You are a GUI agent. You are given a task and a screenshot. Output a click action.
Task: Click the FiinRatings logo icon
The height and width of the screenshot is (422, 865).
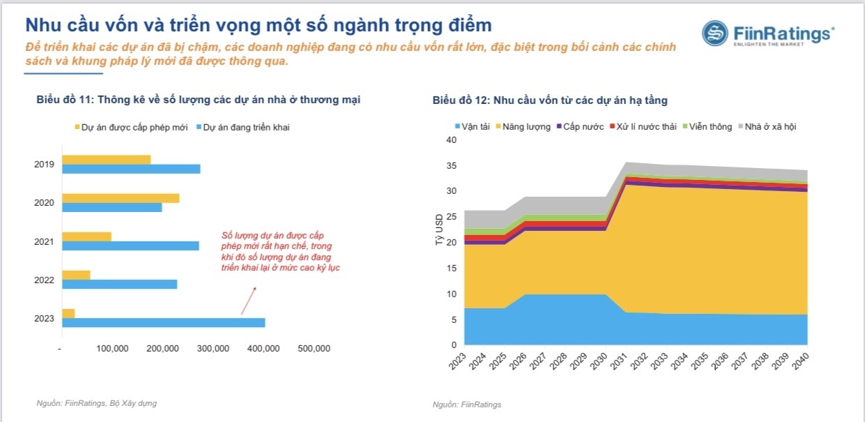pos(714,33)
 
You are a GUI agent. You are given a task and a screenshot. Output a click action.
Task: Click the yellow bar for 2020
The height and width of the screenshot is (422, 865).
pos(120,198)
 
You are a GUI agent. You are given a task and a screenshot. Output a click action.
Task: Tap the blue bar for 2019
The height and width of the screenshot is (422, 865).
pos(130,169)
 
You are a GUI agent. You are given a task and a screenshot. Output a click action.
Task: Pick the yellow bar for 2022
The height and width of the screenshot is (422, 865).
pos(76,275)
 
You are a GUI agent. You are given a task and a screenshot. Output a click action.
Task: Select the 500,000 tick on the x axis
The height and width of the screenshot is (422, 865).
pos(314,349)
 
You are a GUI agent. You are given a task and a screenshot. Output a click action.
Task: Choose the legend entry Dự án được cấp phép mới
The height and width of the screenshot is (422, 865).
pos(130,128)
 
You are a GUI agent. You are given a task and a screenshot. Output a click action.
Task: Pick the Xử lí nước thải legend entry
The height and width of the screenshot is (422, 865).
pos(643,127)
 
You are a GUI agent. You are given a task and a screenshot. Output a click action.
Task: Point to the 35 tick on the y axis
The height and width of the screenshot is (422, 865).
pos(451,166)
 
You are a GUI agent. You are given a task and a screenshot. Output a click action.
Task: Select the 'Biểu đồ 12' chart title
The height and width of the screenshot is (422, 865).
pos(549,100)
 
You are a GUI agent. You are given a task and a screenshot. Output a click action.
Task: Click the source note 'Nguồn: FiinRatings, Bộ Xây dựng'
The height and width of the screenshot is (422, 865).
pos(97,403)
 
